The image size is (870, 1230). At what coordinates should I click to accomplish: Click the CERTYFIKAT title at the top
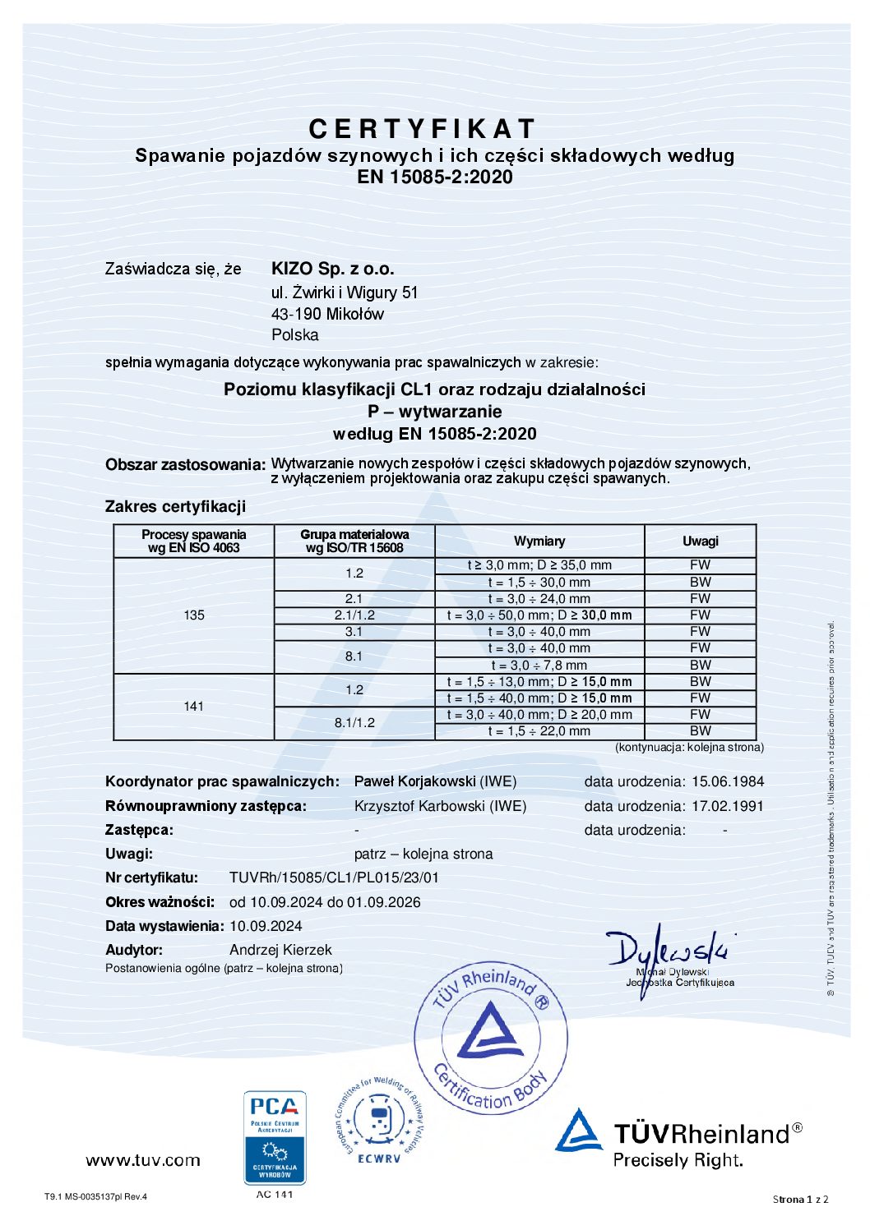[423, 129]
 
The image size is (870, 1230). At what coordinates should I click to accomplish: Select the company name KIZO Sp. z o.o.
[332, 269]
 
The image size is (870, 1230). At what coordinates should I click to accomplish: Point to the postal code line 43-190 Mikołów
[327, 314]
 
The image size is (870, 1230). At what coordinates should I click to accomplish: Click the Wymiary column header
[539, 541]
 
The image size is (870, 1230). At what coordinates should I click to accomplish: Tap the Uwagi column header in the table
[700, 541]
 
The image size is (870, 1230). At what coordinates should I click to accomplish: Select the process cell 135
[194, 615]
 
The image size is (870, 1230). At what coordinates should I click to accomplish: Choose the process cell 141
[194, 706]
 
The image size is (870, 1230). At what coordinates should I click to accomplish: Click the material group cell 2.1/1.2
[354, 615]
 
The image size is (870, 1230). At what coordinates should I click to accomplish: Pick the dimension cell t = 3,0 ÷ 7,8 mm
[539, 665]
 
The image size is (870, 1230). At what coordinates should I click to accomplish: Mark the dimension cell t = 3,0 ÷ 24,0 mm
[539, 599]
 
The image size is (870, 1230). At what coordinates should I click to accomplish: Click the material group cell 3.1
[354, 632]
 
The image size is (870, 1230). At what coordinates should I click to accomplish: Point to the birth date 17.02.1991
[728, 806]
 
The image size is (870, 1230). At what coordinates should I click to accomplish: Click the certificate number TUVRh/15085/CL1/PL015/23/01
[334, 878]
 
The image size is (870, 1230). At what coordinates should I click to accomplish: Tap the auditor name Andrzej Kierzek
[280, 950]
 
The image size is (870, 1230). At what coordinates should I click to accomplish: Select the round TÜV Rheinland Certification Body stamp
[491, 1037]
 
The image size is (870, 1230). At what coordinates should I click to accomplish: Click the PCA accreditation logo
[275, 1137]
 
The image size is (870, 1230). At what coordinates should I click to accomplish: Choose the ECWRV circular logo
[379, 1121]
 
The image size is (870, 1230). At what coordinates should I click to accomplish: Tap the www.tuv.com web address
[143, 1160]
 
